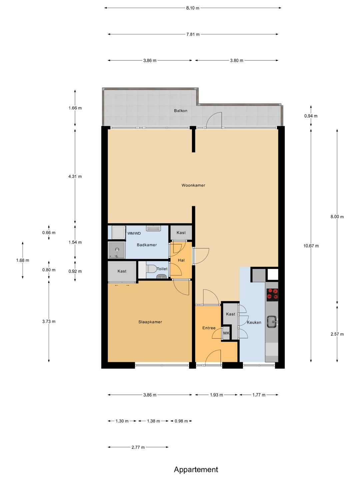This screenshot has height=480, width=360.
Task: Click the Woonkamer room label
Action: coord(193,185)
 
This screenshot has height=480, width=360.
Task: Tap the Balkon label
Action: coord(181,111)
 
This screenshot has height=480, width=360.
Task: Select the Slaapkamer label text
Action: coord(150,322)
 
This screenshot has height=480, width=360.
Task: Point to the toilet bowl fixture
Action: coord(151,269)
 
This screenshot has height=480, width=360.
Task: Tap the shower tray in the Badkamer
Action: coord(117,250)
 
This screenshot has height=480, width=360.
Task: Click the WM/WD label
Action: coord(134,233)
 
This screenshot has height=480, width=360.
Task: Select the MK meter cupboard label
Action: coord(226,333)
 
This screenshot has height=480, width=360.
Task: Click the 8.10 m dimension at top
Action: coord(193,8)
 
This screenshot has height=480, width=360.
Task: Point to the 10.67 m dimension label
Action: coord(311,246)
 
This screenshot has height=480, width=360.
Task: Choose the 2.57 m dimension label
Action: coord(337,334)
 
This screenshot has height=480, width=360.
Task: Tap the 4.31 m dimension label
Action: coord(75,176)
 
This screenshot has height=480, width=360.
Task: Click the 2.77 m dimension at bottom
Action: coord(138,447)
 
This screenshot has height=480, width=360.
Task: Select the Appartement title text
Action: coord(196,469)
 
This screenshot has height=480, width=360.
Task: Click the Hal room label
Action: coord(181,260)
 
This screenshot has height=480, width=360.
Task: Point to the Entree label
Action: coord(209,328)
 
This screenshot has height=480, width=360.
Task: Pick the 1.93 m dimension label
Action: coord(216,395)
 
